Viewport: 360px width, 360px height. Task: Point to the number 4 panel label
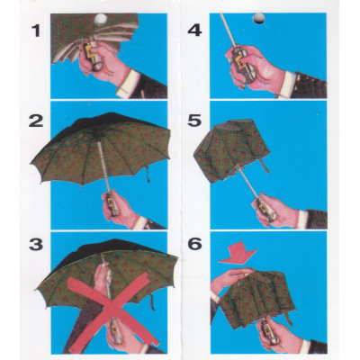point(195,33)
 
